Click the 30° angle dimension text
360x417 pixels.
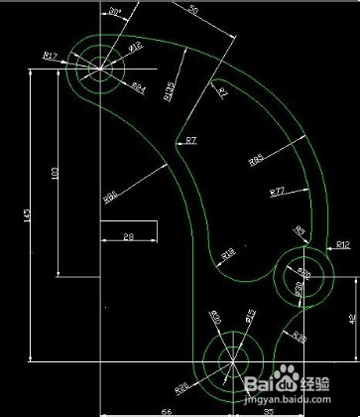[x=115, y=11]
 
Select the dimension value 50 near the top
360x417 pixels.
[x=191, y=9]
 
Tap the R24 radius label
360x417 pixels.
[x=139, y=86]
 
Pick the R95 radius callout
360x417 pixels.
[x=256, y=159]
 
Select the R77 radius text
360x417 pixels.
[x=277, y=189]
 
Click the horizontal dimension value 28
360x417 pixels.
[x=128, y=235]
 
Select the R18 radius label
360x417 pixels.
[x=227, y=255]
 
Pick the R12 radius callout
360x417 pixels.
[x=342, y=243]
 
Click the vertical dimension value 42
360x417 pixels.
[x=353, y=320]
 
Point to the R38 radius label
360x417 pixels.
[x=299, y=338]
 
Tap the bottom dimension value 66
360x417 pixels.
[x=167, y=409]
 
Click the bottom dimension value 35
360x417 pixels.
[x=269, y=409]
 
